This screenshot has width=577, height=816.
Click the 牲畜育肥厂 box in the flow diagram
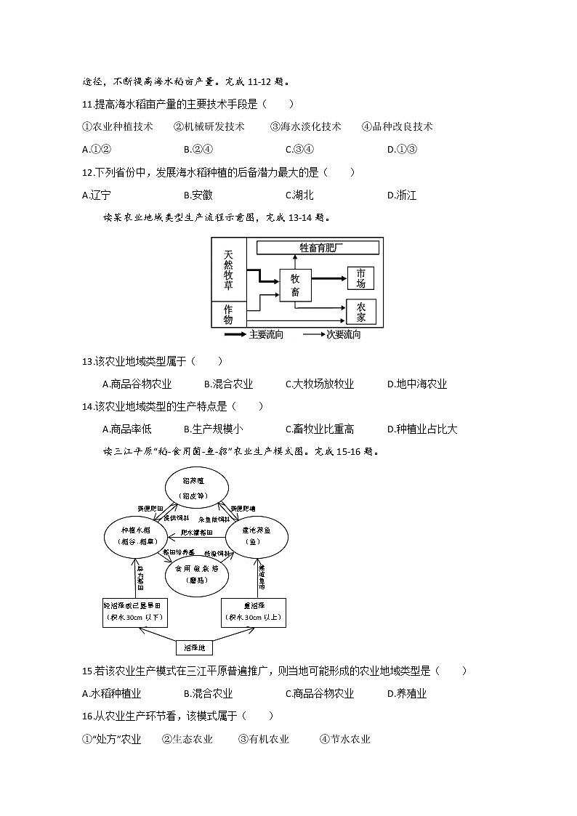pyautogui.click(x=318, y=248)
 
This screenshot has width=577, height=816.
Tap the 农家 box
pyautogui.click(x=361, y=312)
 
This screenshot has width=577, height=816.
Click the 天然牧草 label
pyautogui.click(x=228, y=270)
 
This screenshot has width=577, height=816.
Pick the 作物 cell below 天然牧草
pyautogui.click(x=228, y=315)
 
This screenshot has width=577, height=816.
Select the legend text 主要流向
pyautogui.click(x=266, y=335)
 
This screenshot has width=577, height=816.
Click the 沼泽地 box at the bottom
pyautogui.click(x=195, y=646)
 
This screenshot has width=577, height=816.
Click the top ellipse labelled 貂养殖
pyautogui.click(x=196, y=488)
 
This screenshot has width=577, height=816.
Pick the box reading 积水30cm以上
pyautogui.click(x=253, y=613)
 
